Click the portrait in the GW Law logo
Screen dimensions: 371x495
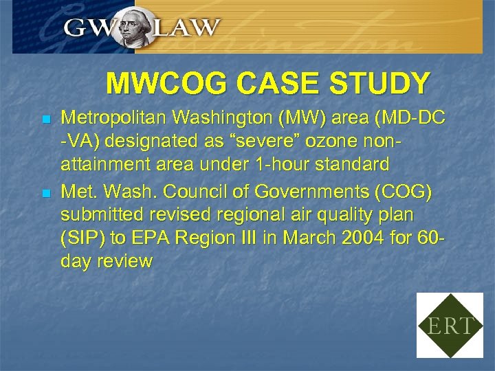134,27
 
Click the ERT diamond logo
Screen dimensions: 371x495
450,325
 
